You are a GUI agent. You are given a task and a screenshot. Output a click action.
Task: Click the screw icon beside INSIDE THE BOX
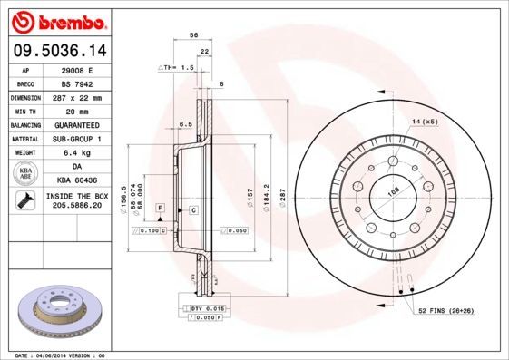(x=24, y=201)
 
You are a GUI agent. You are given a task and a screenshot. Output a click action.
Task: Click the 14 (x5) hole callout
(x=424, y=121)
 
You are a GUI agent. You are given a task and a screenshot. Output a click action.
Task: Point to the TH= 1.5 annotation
(x=179, y=68)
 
